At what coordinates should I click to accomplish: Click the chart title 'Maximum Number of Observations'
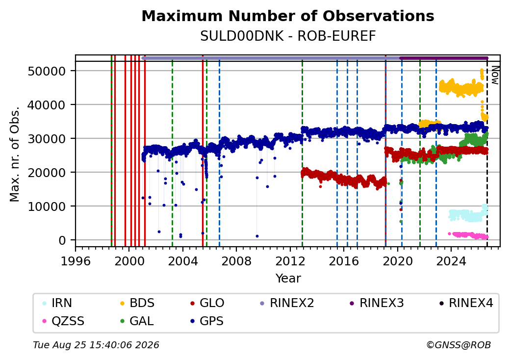(288, 16)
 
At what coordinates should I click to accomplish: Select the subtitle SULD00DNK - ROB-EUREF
(288, 36)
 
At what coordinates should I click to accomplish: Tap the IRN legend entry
(57, 303)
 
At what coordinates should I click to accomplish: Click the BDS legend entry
(137, 303)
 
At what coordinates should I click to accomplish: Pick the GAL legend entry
(137, 321)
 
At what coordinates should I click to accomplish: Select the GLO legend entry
(207, 303)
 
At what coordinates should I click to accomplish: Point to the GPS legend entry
(207, 321)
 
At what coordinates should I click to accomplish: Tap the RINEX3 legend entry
(377, 303)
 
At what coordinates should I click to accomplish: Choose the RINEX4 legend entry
(466, 303)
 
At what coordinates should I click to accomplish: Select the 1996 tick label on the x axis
(76, 261)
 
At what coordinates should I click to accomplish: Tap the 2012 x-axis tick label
(290, 261)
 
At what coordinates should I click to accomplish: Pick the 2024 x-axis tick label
(451, 261)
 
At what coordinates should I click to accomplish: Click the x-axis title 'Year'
(288, 279)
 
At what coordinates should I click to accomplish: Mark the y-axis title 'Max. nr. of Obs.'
(15, 154)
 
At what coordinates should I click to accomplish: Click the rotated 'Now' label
(495, 75)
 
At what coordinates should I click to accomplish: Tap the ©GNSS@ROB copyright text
(459, 345)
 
